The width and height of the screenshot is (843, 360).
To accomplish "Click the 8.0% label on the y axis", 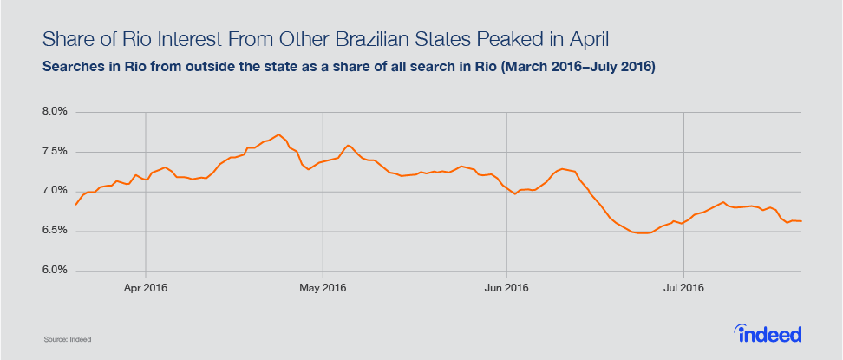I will click(55, 112).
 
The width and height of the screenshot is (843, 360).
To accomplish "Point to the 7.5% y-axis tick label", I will click(55, 152).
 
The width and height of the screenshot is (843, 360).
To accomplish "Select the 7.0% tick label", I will click(55, 191).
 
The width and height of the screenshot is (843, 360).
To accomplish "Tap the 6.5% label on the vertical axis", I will click(55, 231).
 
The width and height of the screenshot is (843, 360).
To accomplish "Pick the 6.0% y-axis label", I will click(55, 271).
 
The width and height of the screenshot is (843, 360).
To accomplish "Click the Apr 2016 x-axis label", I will click(146, 287).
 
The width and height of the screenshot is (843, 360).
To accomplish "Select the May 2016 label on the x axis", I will click(322, 287).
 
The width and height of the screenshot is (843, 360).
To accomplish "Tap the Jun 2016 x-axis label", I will click(506, 287).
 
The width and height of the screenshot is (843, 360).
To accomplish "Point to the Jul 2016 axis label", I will click(683, 287).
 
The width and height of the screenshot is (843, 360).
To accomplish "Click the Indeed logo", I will click(768, 333).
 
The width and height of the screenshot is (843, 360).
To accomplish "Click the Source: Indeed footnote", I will click(68, 338).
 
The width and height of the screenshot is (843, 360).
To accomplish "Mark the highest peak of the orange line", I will click(278, 134).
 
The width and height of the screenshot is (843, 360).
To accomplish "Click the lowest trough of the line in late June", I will click(643, 233).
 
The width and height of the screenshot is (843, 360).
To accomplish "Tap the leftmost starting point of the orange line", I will click(75, 205).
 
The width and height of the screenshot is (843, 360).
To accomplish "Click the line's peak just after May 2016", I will click(348, 145).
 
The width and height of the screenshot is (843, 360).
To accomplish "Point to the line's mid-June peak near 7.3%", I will click(563, 168).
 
